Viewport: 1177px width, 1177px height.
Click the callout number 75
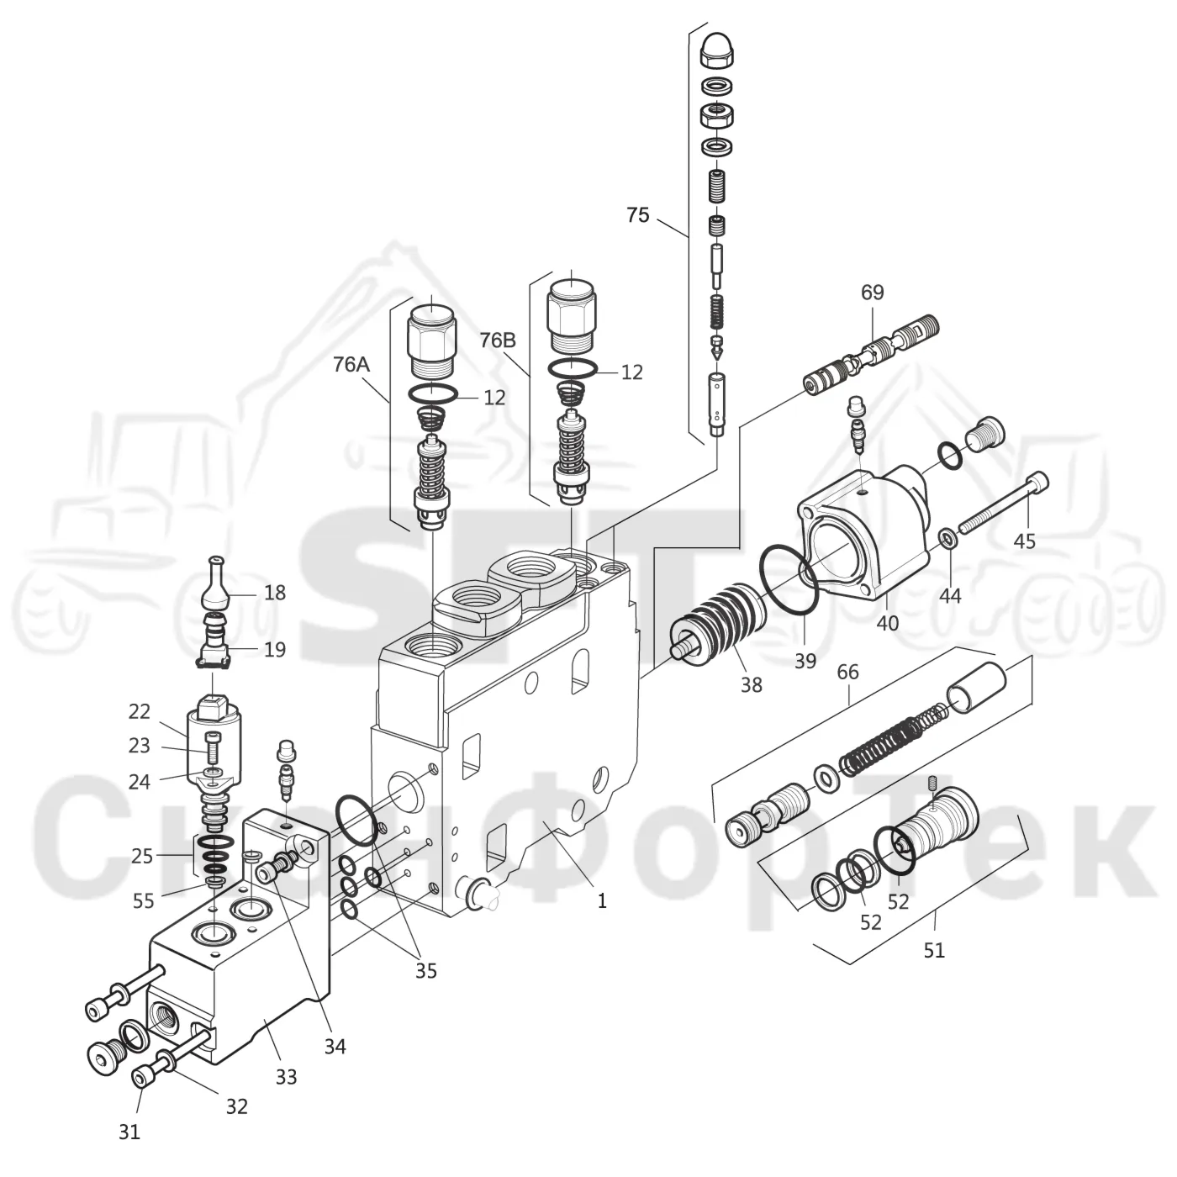pos(637,215)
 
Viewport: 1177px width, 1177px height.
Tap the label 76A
pos(351,365)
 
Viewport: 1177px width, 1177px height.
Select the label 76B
pos(497,340)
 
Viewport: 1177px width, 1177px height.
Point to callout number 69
pos(872,293)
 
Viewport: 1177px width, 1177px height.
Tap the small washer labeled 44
pos(948,537)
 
